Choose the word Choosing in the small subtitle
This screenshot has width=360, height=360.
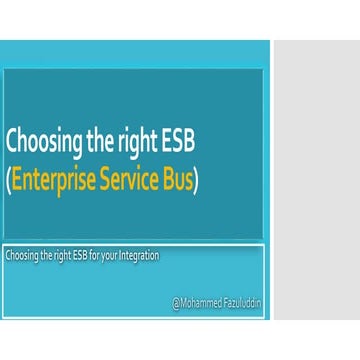[23, 256]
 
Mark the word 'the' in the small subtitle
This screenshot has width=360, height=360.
[49, 255]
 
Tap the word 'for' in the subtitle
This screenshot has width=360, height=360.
[103, 255]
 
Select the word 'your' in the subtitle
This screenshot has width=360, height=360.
[119, 256]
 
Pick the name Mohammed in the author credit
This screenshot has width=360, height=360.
[199, 299]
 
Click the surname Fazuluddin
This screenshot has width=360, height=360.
[242, 299]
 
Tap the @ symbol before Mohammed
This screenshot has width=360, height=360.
[175, 299]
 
